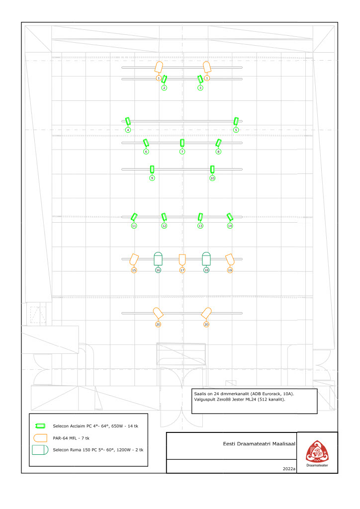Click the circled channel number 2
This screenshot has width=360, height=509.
coord(164,88)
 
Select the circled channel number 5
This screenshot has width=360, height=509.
coord(236,130)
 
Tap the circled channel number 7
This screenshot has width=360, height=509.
coord(182,152)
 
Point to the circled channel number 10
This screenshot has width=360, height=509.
coord(212,178)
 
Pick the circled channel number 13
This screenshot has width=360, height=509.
coord(200,226)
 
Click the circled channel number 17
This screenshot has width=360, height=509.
coord(182,270)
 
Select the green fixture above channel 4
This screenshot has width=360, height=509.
coord(128,121)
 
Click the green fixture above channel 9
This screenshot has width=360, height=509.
coord(152,169)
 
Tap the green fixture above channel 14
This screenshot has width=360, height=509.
coord(230,217)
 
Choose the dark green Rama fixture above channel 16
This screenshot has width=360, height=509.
coord(158,258)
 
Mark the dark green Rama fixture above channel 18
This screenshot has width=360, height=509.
coord(206,258)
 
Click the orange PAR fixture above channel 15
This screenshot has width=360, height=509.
coord(134,259)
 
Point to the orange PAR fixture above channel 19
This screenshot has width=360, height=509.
coord(230,259)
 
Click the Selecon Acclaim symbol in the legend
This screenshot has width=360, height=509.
coord(40,425)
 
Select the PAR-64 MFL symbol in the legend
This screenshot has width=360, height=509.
coord(40,438)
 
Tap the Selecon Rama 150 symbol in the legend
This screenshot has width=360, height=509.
coord(40,450)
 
